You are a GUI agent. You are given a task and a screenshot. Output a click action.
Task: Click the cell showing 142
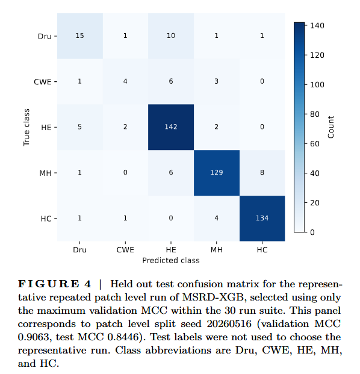[171, 127]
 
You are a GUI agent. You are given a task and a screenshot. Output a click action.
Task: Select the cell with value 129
[217, 173]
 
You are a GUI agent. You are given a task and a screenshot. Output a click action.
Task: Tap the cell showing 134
[262, 218]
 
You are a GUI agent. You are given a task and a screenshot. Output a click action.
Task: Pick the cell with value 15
[80, 36]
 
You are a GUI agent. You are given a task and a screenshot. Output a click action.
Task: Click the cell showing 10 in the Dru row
[171, 36]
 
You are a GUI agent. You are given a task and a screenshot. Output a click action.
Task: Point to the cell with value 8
[262, 173]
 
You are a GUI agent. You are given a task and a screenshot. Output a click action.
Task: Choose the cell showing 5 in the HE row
[80, 127]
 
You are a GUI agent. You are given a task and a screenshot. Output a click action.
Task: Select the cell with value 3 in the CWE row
[217, 81]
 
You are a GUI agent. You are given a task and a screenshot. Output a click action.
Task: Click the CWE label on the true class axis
[43, 82]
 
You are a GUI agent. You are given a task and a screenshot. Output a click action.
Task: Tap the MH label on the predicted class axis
[217, 250]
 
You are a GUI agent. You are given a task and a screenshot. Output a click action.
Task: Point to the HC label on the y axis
[46, 219]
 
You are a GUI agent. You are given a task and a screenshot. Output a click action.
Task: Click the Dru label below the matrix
[80, 250]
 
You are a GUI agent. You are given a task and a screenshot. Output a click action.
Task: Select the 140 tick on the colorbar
[317, 25]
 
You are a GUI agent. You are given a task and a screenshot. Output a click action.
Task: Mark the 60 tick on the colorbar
[315, 143]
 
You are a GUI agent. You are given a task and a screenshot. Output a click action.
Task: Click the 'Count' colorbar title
[331, 127]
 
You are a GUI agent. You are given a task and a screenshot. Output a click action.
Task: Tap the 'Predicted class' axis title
[171, 260]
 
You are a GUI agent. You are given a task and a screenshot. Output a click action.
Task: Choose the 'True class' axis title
[26, 127]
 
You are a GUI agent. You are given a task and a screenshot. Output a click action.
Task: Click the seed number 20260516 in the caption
[229, 323]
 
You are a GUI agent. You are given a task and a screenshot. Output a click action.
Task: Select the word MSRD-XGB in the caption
[213, 297]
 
